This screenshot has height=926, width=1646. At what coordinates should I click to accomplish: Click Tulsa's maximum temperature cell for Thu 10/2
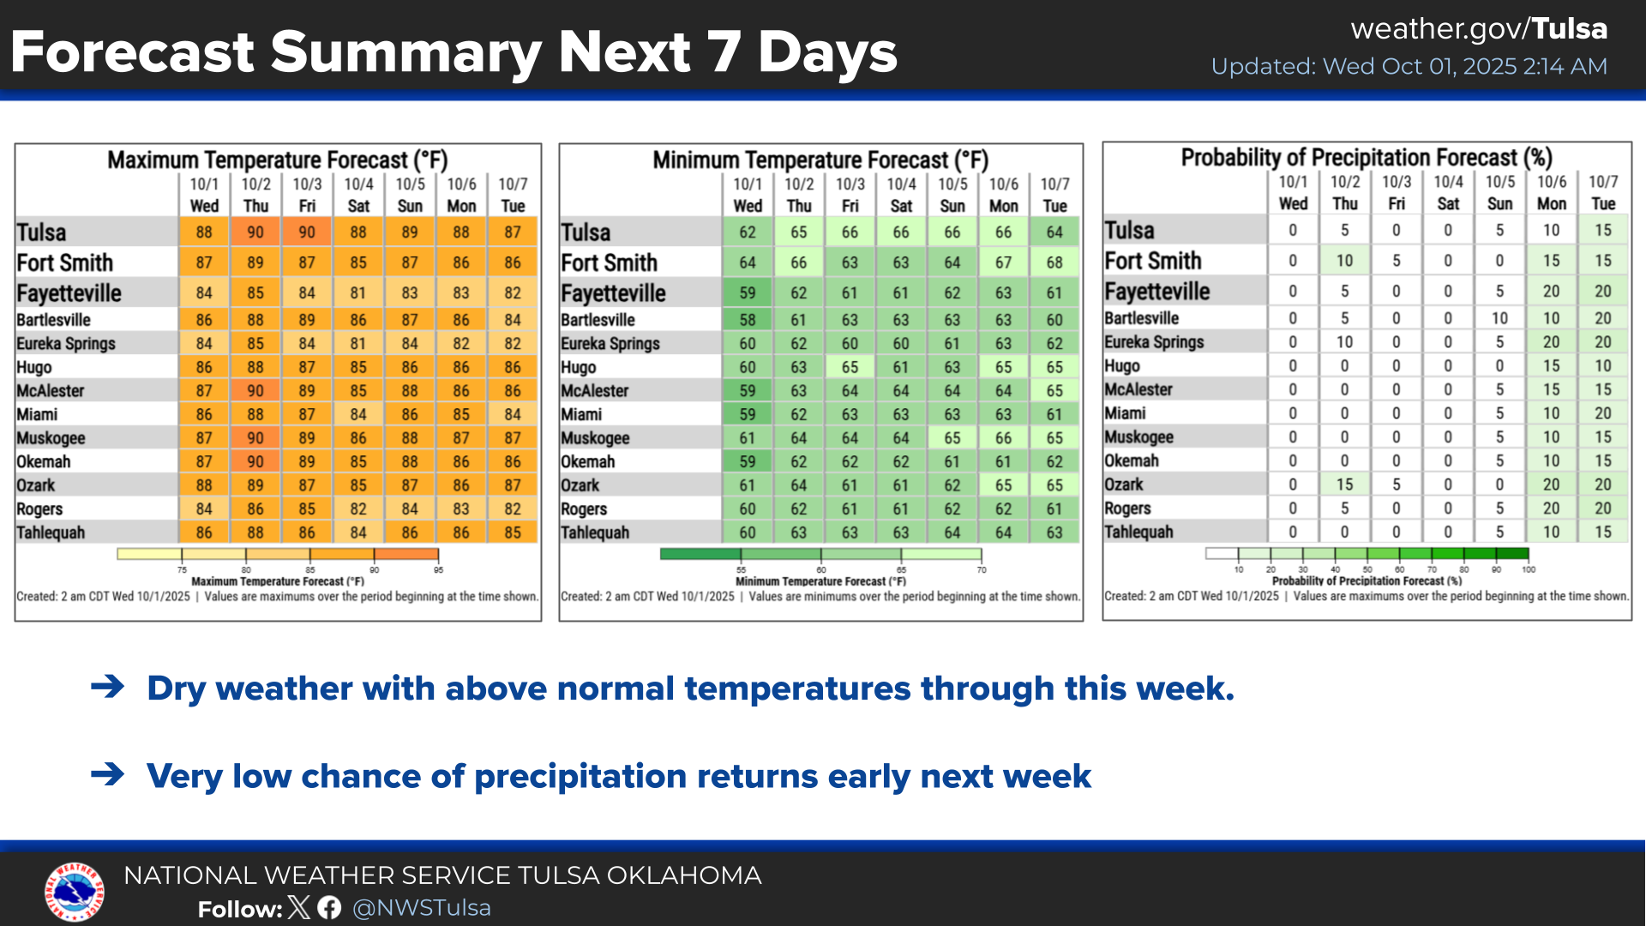(255, 232)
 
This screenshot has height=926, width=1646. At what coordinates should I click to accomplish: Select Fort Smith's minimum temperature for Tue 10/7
(1054, 262)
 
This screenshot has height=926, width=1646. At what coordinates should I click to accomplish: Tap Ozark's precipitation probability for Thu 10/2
(1344, 484)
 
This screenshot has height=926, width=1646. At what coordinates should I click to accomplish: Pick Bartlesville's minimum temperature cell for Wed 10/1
(748, 320)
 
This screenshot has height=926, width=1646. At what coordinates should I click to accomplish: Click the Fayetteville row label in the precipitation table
(1156, 292)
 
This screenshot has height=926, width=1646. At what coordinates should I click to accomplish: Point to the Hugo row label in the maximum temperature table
(34, 367)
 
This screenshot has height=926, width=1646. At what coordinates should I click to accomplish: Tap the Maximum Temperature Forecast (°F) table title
(278, 160)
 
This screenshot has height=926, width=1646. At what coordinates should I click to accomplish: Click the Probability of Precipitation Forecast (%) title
(1367, 158)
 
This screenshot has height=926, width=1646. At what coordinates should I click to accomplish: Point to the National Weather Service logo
(75, 892)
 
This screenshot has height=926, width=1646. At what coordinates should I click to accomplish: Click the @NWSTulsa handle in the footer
(422, 908)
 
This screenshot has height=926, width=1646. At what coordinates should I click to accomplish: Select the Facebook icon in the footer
(329, 908)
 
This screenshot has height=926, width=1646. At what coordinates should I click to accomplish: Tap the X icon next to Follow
(299, 908)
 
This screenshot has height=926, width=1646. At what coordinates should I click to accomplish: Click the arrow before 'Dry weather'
(108, 687)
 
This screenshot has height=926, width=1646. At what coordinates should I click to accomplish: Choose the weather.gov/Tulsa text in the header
(1479, 29)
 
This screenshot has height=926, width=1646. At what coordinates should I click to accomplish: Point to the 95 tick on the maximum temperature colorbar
(438, 570)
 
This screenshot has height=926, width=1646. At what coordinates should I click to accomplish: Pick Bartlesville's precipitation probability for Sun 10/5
(1499, 318)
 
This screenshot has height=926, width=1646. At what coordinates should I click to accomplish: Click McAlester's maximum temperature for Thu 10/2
(255, 391)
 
